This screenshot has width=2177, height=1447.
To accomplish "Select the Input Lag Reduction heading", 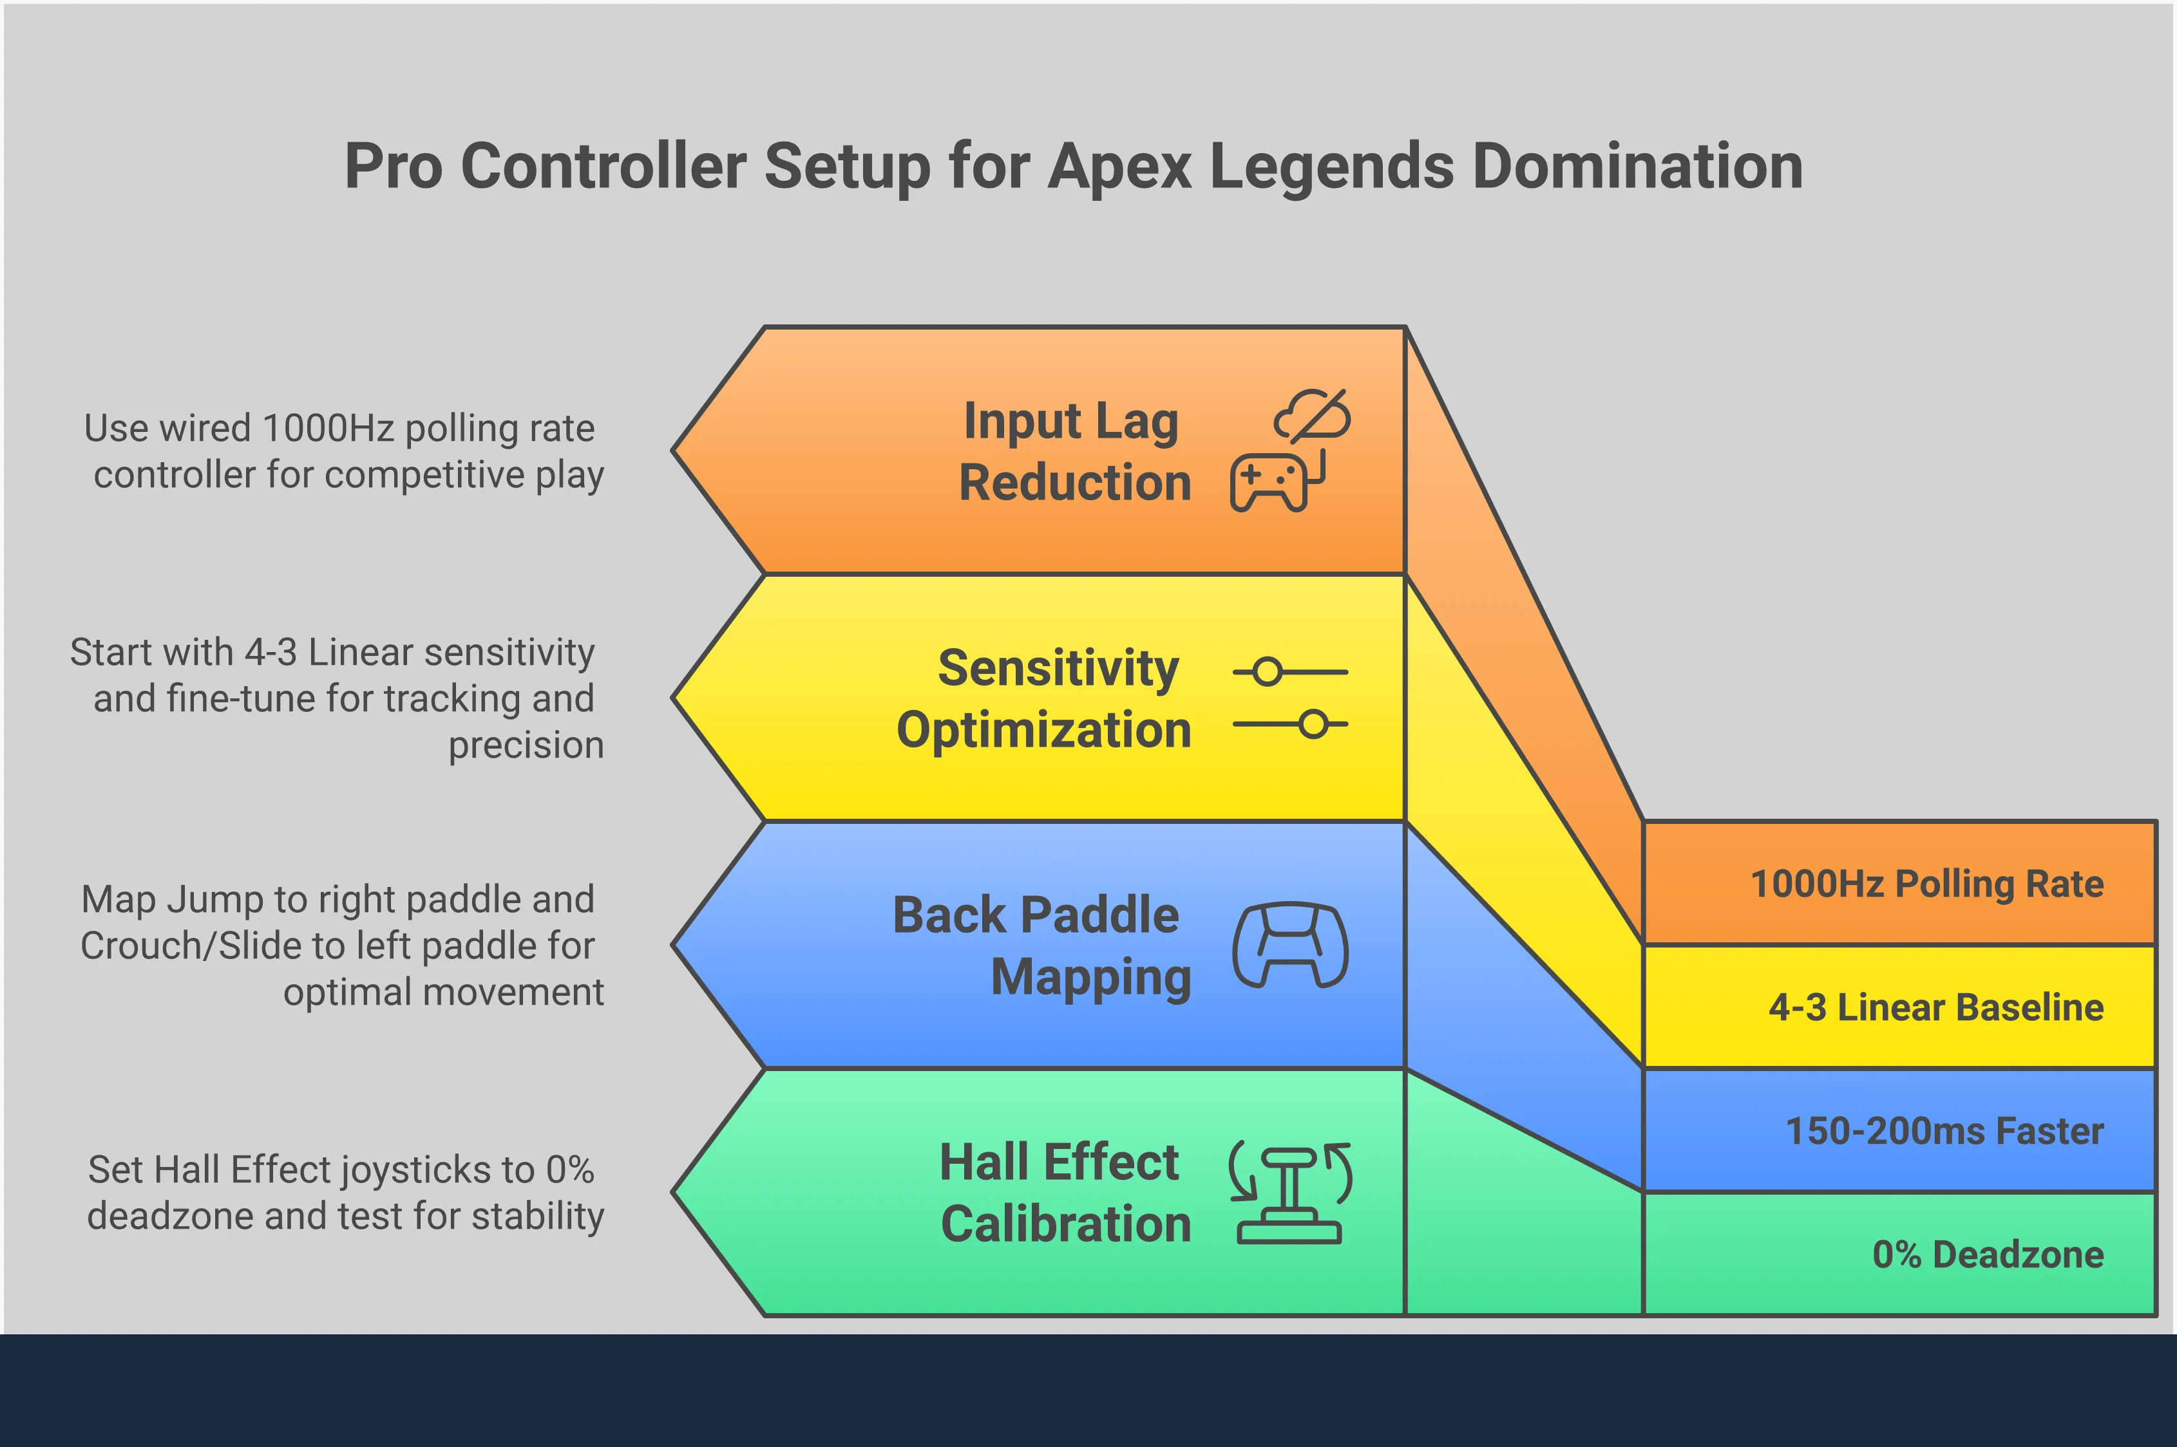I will click(1074, 451).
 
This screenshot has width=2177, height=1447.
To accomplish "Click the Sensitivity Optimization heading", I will click(1044, 698).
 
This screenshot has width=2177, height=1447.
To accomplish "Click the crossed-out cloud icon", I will click(1313, 415).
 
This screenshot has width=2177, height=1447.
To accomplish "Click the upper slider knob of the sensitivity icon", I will click(1268, 672).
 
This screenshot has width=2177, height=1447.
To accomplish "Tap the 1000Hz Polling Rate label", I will click(1927, 884).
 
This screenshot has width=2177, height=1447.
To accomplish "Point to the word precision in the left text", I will click(526, 745).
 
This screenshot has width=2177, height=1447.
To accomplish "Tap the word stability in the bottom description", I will click(537, 1217).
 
